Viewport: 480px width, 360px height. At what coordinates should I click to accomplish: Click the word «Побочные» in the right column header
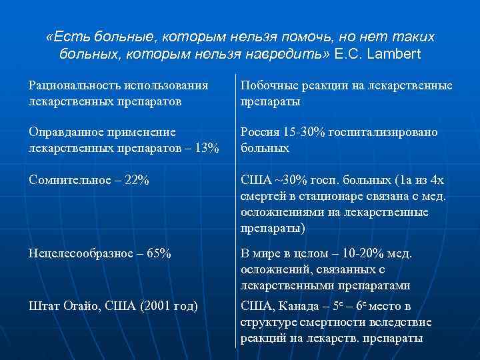266,85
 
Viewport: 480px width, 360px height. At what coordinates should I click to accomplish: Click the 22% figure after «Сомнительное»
135,181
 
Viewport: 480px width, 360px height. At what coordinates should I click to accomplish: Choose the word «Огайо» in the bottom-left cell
83,306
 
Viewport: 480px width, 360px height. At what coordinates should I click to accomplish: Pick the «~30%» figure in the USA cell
286,181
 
